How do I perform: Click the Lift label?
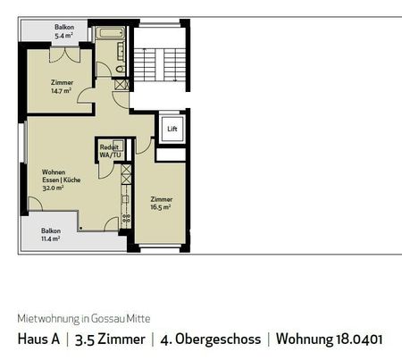(x=172, y=130)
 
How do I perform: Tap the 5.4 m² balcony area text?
(x=63, y=37)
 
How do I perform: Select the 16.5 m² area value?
(x=161, y=206)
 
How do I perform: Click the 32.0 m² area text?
(x=51, y=187)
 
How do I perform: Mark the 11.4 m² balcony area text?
(x=50, y=239)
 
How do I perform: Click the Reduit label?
(x=110, y=147)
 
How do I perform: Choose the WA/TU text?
(x=110, y=155)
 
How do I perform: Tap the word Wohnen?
(x=52, y=171)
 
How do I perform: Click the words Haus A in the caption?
(x=40, y=339)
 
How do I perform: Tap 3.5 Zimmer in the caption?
(x=112, y=339)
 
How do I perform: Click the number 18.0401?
(x=362, y=339)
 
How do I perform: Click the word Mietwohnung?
(x=46, y=317)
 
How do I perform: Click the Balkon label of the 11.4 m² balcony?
(x=51, y=230)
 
